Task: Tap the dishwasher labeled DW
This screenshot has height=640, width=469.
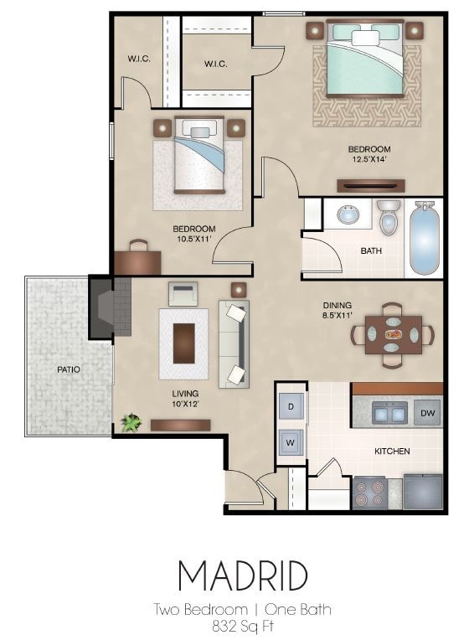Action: (x=426, y=413)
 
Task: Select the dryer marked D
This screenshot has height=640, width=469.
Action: (x=291, y=405)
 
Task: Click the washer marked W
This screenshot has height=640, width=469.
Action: (x=291, y=441)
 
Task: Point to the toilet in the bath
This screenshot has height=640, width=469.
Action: (x=388, y=217)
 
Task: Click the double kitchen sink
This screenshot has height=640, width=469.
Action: (x=388, y=412)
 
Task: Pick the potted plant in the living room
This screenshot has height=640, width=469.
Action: (x=130, y=423)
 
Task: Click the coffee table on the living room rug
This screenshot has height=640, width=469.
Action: (x=184, y=342)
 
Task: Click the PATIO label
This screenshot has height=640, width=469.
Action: (x=69, y=369)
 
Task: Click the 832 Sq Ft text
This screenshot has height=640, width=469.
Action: (x=242, y=624)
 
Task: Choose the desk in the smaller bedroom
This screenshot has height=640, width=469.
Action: (x=137, y=261)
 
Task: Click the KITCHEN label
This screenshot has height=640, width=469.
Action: (x=392, y=451)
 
